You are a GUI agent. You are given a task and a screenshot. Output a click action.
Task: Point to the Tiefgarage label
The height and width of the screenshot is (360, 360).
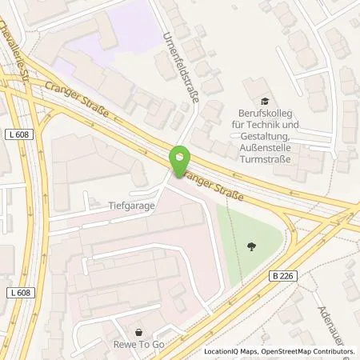pyautogui.click(x=131, y=204)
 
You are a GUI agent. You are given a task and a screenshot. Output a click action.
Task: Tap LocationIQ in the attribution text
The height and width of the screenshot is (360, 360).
pyautogui.click(x=223, y=351)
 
